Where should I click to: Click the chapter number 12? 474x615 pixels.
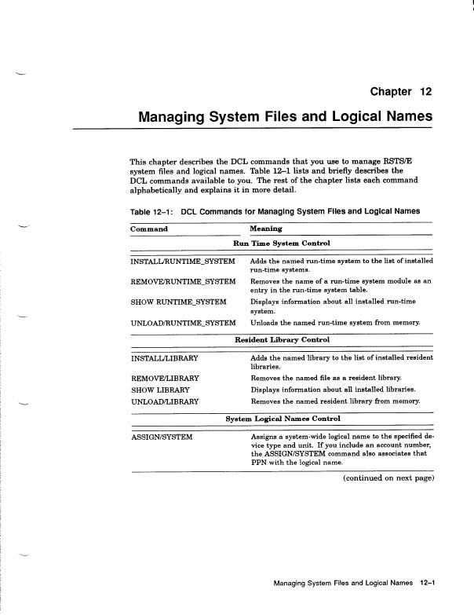[x=425, y=92]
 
